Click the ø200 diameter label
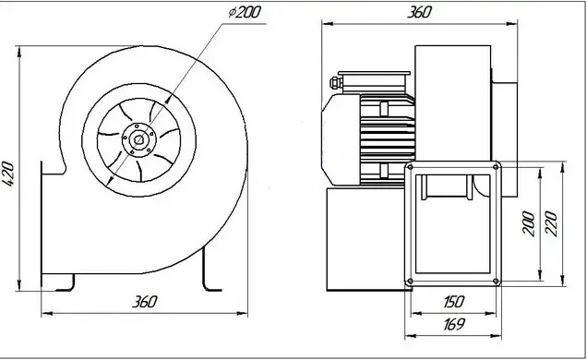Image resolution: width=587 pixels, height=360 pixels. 245,12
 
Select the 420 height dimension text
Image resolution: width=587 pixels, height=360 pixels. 8,174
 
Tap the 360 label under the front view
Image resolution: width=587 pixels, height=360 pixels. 145,302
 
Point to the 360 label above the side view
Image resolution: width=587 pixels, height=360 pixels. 419,12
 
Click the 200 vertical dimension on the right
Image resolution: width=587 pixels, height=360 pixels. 529,223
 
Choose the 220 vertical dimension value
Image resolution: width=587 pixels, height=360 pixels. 551,223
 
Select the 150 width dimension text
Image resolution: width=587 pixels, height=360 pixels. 453,302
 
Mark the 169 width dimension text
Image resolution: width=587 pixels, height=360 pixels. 454,324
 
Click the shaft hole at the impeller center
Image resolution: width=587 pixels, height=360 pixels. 138,140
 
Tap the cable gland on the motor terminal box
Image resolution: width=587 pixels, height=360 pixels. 335,83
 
